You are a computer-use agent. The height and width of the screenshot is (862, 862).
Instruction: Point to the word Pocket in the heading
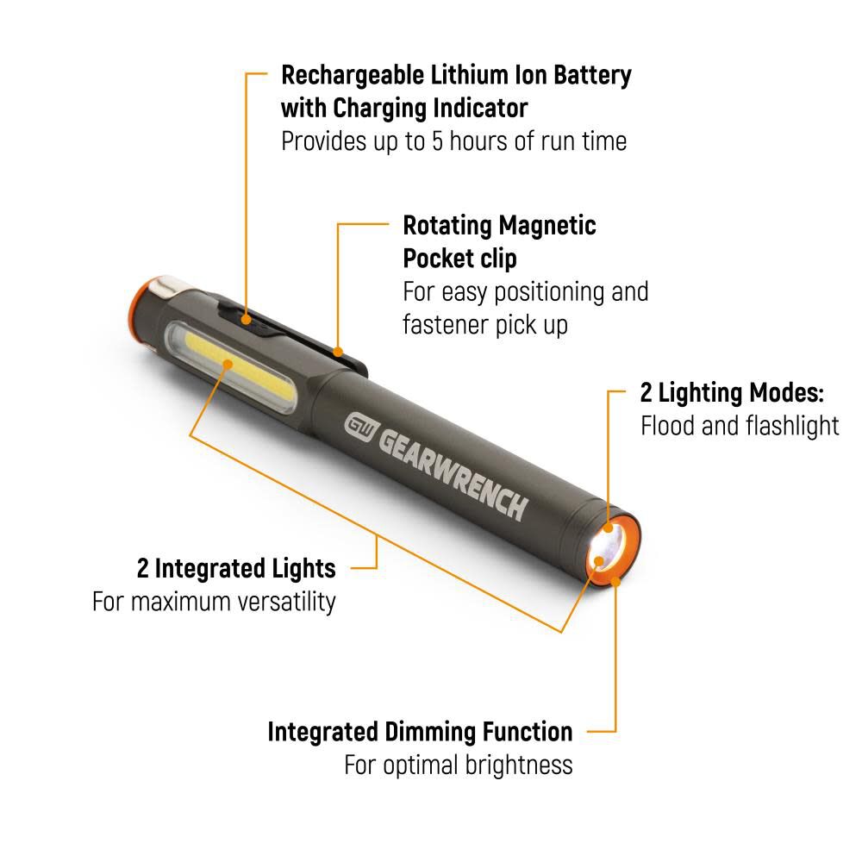coord(438,259)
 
